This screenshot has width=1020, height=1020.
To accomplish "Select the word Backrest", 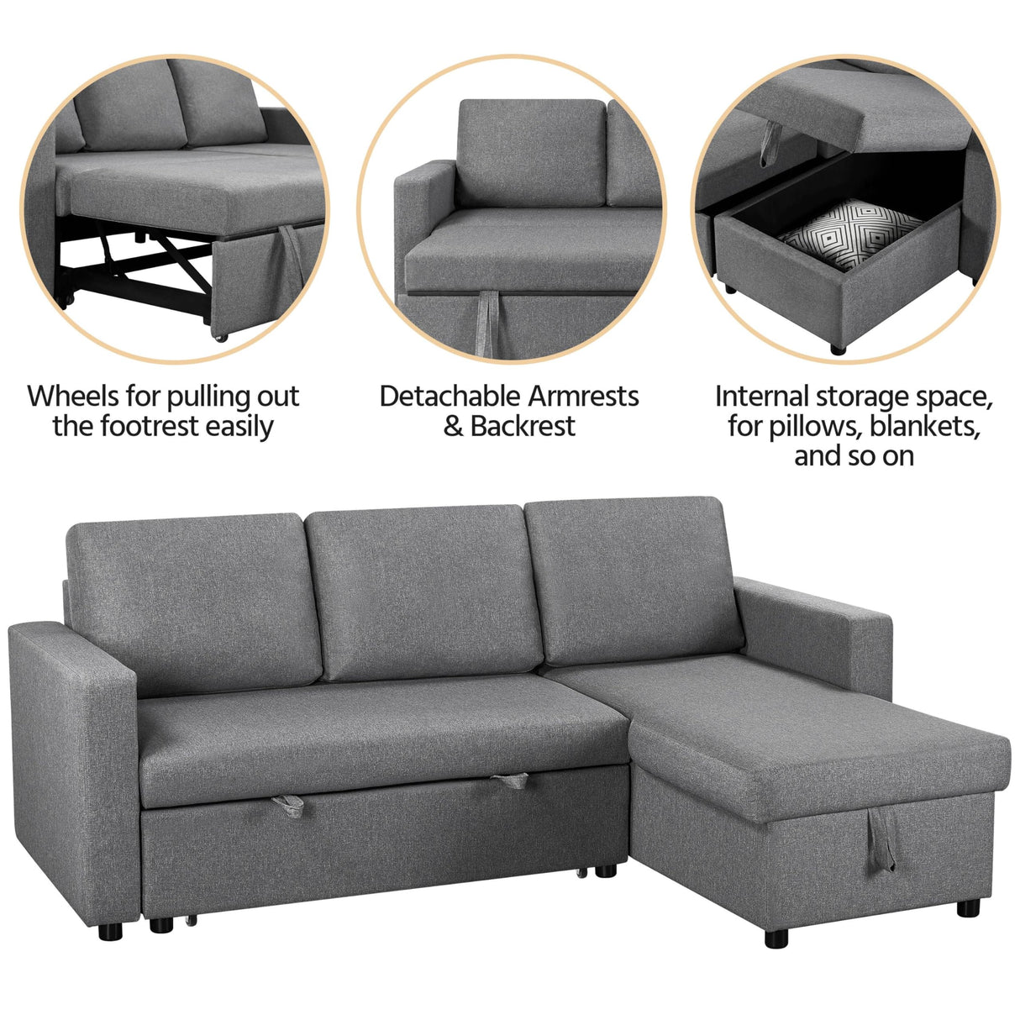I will pos(523,426).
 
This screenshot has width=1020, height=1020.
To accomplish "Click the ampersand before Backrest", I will pos(454,426).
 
